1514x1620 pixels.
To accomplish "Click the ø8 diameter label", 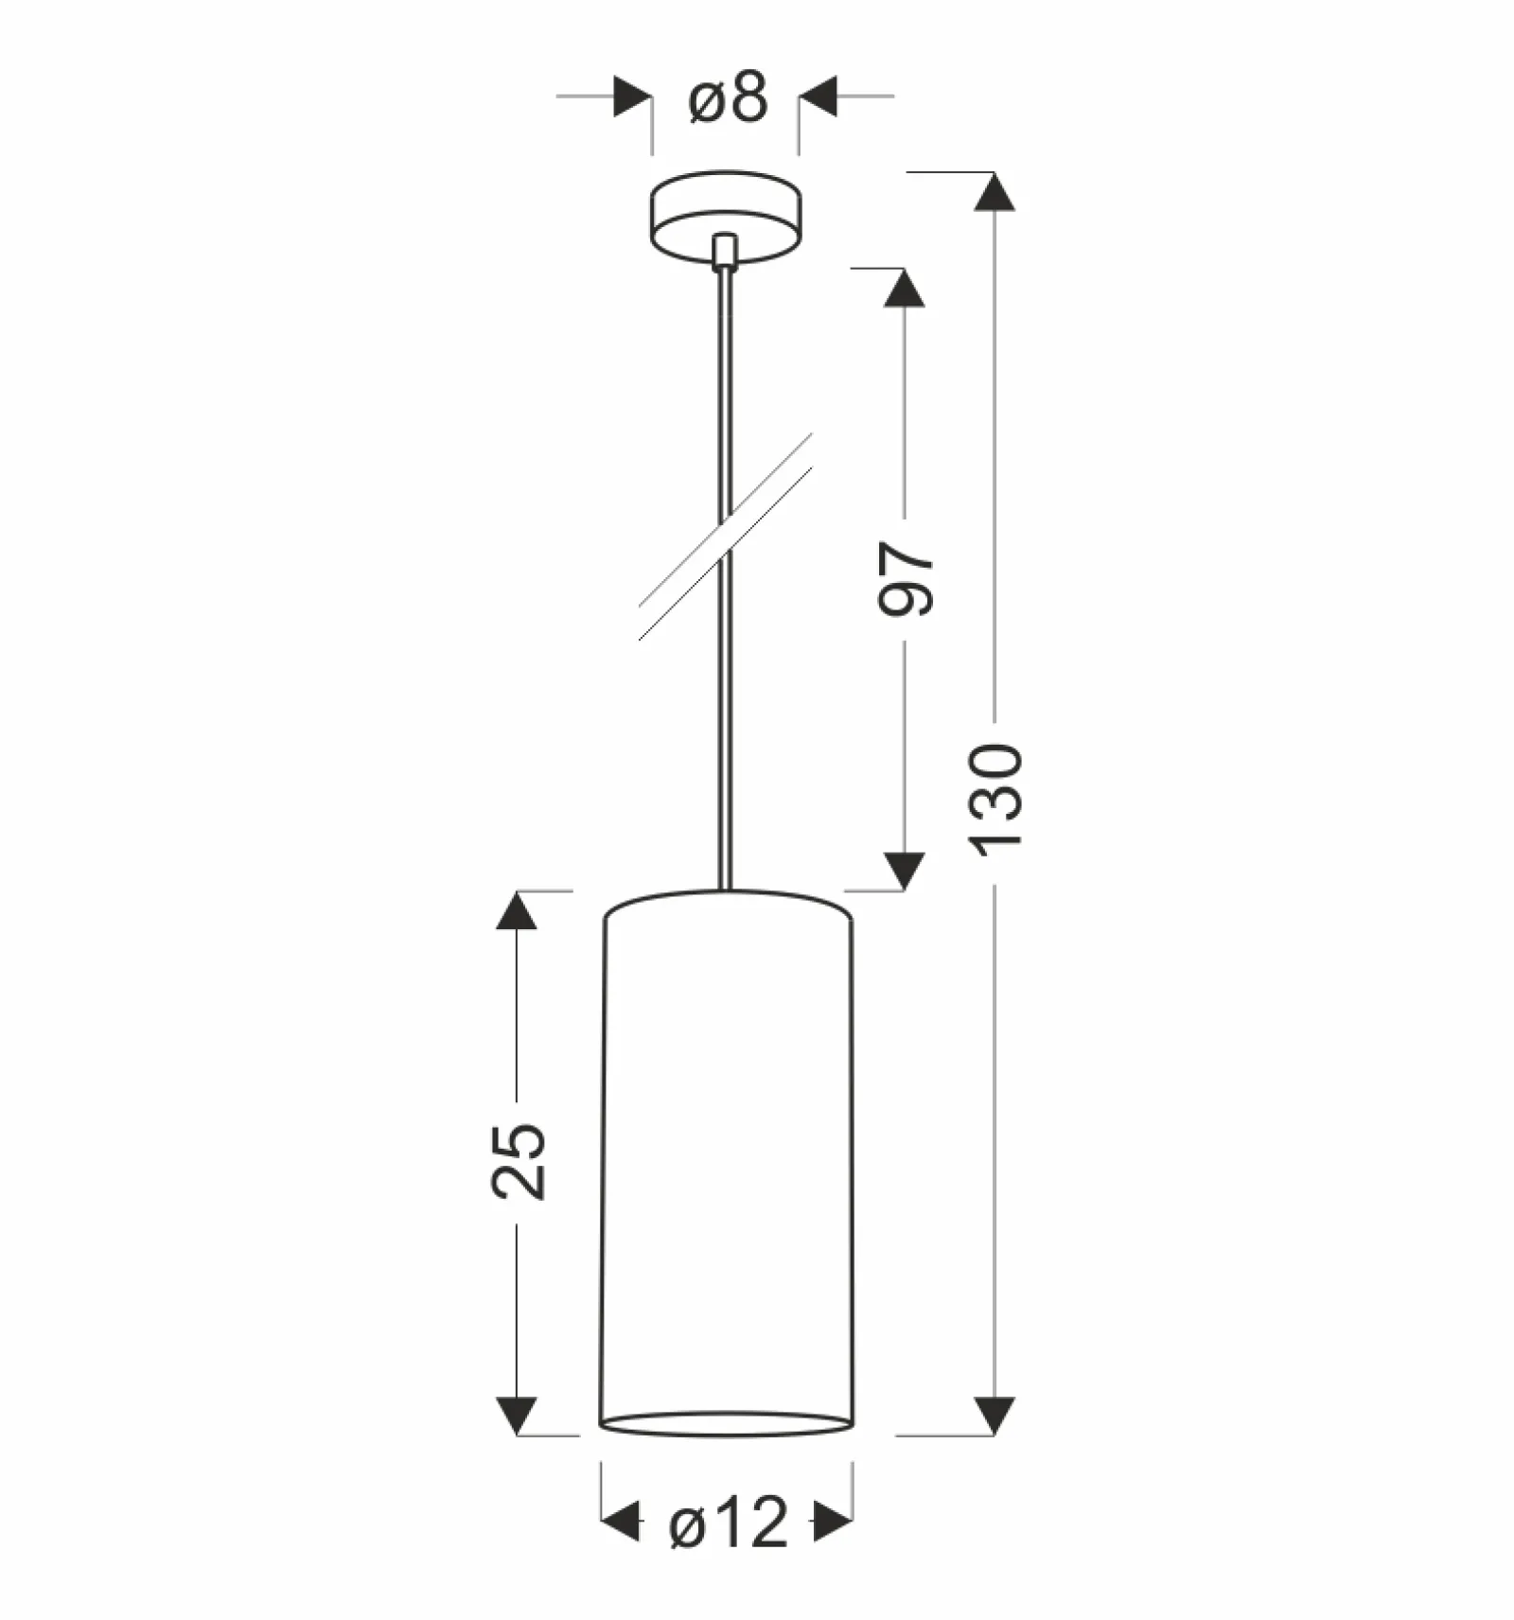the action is pos(728,97).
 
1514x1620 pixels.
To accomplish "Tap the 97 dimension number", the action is pos(906,578).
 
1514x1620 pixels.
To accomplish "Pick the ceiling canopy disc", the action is pos(726,217).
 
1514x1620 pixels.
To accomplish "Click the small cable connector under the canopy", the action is pos(725,253).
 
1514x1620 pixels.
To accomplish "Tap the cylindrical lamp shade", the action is pos(727,1163).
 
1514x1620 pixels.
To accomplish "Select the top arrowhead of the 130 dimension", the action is pos(995,191).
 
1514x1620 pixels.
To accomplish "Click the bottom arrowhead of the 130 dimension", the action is pos(995,1416).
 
